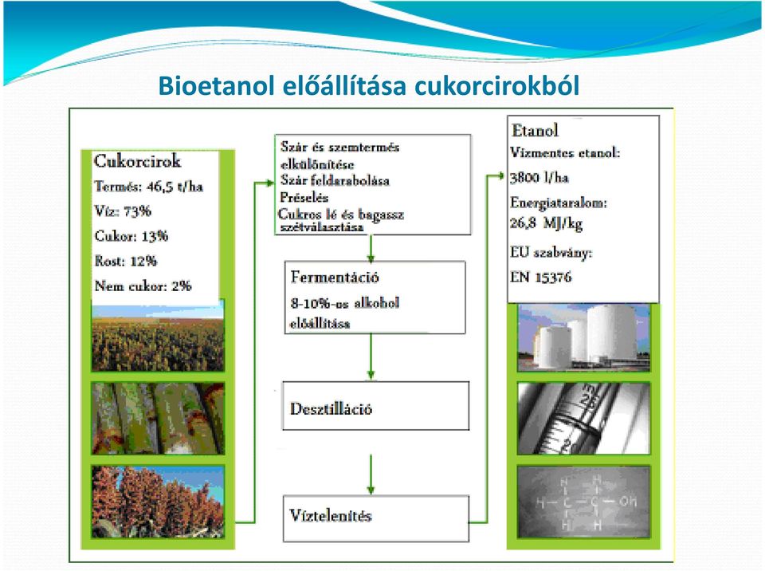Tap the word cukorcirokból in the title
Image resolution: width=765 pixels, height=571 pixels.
click(x=496, y=85)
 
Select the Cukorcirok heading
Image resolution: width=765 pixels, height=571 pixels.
click(x=137, y=161)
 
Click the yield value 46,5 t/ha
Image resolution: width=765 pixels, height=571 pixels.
click(x=175, y=187)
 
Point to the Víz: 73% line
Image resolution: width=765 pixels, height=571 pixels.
click(x=123, y=211)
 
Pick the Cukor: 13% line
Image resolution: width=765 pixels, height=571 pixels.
click(x=131, y=236)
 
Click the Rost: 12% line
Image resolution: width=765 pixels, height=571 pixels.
click(x=126, y=261)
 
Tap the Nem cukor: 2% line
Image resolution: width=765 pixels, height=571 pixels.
click(x=143, y=285)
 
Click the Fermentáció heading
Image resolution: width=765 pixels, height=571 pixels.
click(x=335, y=277)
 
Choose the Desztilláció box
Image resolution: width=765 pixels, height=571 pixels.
click(x=375, y=406)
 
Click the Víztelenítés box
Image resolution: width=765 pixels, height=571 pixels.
click(x=375, y=518)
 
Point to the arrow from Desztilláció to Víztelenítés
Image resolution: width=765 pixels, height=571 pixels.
click(x=371, y=475)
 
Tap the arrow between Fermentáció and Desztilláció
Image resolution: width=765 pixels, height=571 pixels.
click(x=371, y=356)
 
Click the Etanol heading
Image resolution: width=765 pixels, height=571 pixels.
click(x=535, y=131)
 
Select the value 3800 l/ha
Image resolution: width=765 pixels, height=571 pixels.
click(x=539, y=177)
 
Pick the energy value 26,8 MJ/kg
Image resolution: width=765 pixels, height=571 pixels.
click(x=546, y=223)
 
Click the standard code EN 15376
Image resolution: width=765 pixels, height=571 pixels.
click(x=540, y=278)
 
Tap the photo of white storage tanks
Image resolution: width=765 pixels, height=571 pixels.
click(x=583, y=337)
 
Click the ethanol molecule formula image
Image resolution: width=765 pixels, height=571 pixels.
click(x=583, y=502)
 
